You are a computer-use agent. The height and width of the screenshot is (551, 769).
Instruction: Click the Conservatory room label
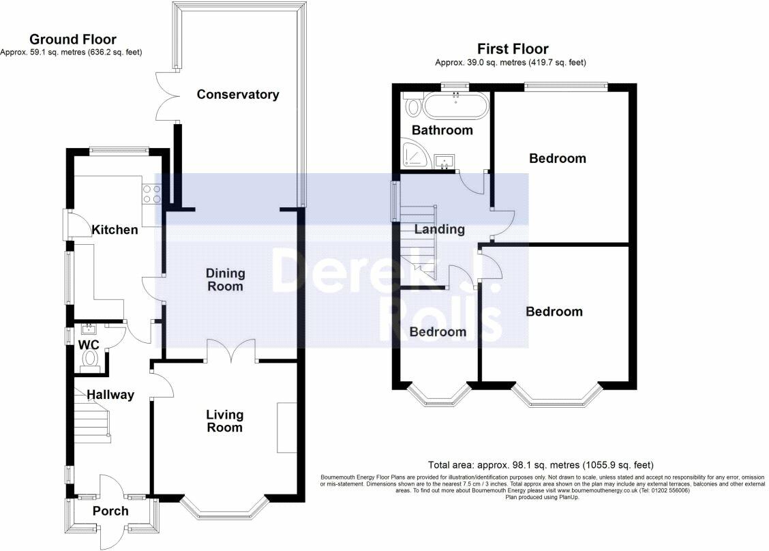(238, 94)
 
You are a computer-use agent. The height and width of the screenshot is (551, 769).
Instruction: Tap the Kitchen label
(115, 230)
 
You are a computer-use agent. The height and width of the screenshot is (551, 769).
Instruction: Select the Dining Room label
(225, 280)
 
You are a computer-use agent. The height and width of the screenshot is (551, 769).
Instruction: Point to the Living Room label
(224, 421)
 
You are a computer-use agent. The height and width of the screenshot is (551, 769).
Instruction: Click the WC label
(89, 344)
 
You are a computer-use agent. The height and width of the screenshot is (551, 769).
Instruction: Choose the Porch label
(110, 511)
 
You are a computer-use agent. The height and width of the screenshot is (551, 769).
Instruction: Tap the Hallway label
(110, 394)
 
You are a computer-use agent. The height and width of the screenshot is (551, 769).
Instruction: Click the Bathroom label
(442, 130)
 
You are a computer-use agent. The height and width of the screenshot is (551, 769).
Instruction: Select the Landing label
(440, 229)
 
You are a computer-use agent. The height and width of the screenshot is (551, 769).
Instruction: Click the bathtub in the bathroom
(456, 106)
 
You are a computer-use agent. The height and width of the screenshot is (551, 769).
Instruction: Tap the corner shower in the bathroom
(415, 153)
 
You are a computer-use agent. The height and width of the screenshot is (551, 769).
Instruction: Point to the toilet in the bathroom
(413, 106)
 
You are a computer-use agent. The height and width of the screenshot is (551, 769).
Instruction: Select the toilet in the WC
(90, 359)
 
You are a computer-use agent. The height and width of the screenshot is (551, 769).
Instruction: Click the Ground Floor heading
(73, 40)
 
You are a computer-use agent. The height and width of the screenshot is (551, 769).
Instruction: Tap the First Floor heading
(513, 48)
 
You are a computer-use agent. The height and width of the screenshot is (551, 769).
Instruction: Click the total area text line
(541, 464)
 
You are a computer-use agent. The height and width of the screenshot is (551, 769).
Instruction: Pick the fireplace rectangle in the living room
(287, 428)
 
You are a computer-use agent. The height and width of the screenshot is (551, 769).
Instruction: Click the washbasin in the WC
(89, 328)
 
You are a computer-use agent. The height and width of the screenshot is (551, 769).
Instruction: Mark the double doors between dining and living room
(232, 351)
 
